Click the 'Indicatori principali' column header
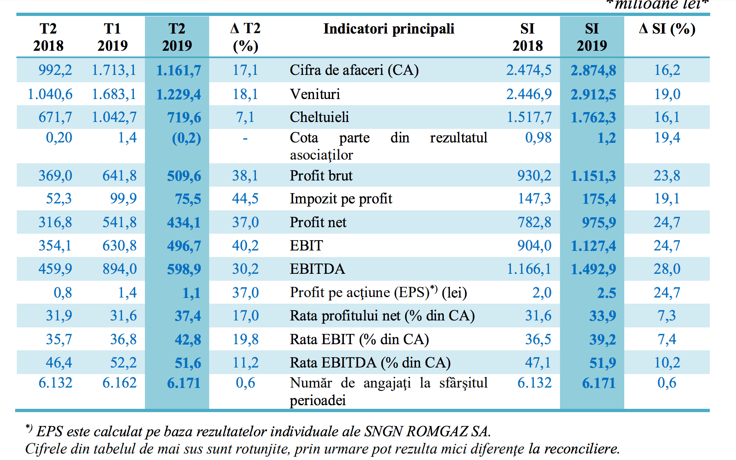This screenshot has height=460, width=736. coord(388,29)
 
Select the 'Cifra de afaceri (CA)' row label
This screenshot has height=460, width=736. coord(354,70)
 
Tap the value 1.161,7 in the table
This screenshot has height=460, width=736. coord(178,70)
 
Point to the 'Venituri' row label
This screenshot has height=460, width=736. coord(315,94)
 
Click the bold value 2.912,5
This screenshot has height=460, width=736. coord(593,95)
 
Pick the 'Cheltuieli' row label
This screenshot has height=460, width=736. coord(319,117)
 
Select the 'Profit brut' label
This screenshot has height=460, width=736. coord(321,176)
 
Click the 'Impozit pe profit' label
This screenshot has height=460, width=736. coord(341,199)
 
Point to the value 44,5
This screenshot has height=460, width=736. coord(245,199)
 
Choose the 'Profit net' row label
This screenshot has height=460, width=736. coord(318,222)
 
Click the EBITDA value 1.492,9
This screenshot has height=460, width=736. coord(593,269)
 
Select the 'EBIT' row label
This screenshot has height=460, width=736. coord(306,246)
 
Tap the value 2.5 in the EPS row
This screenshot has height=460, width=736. coord(606,293)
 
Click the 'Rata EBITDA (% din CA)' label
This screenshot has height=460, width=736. coord(370,363)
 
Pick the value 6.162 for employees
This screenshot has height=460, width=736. coord(119,383)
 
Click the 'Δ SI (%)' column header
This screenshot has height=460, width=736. coord(667,29)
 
